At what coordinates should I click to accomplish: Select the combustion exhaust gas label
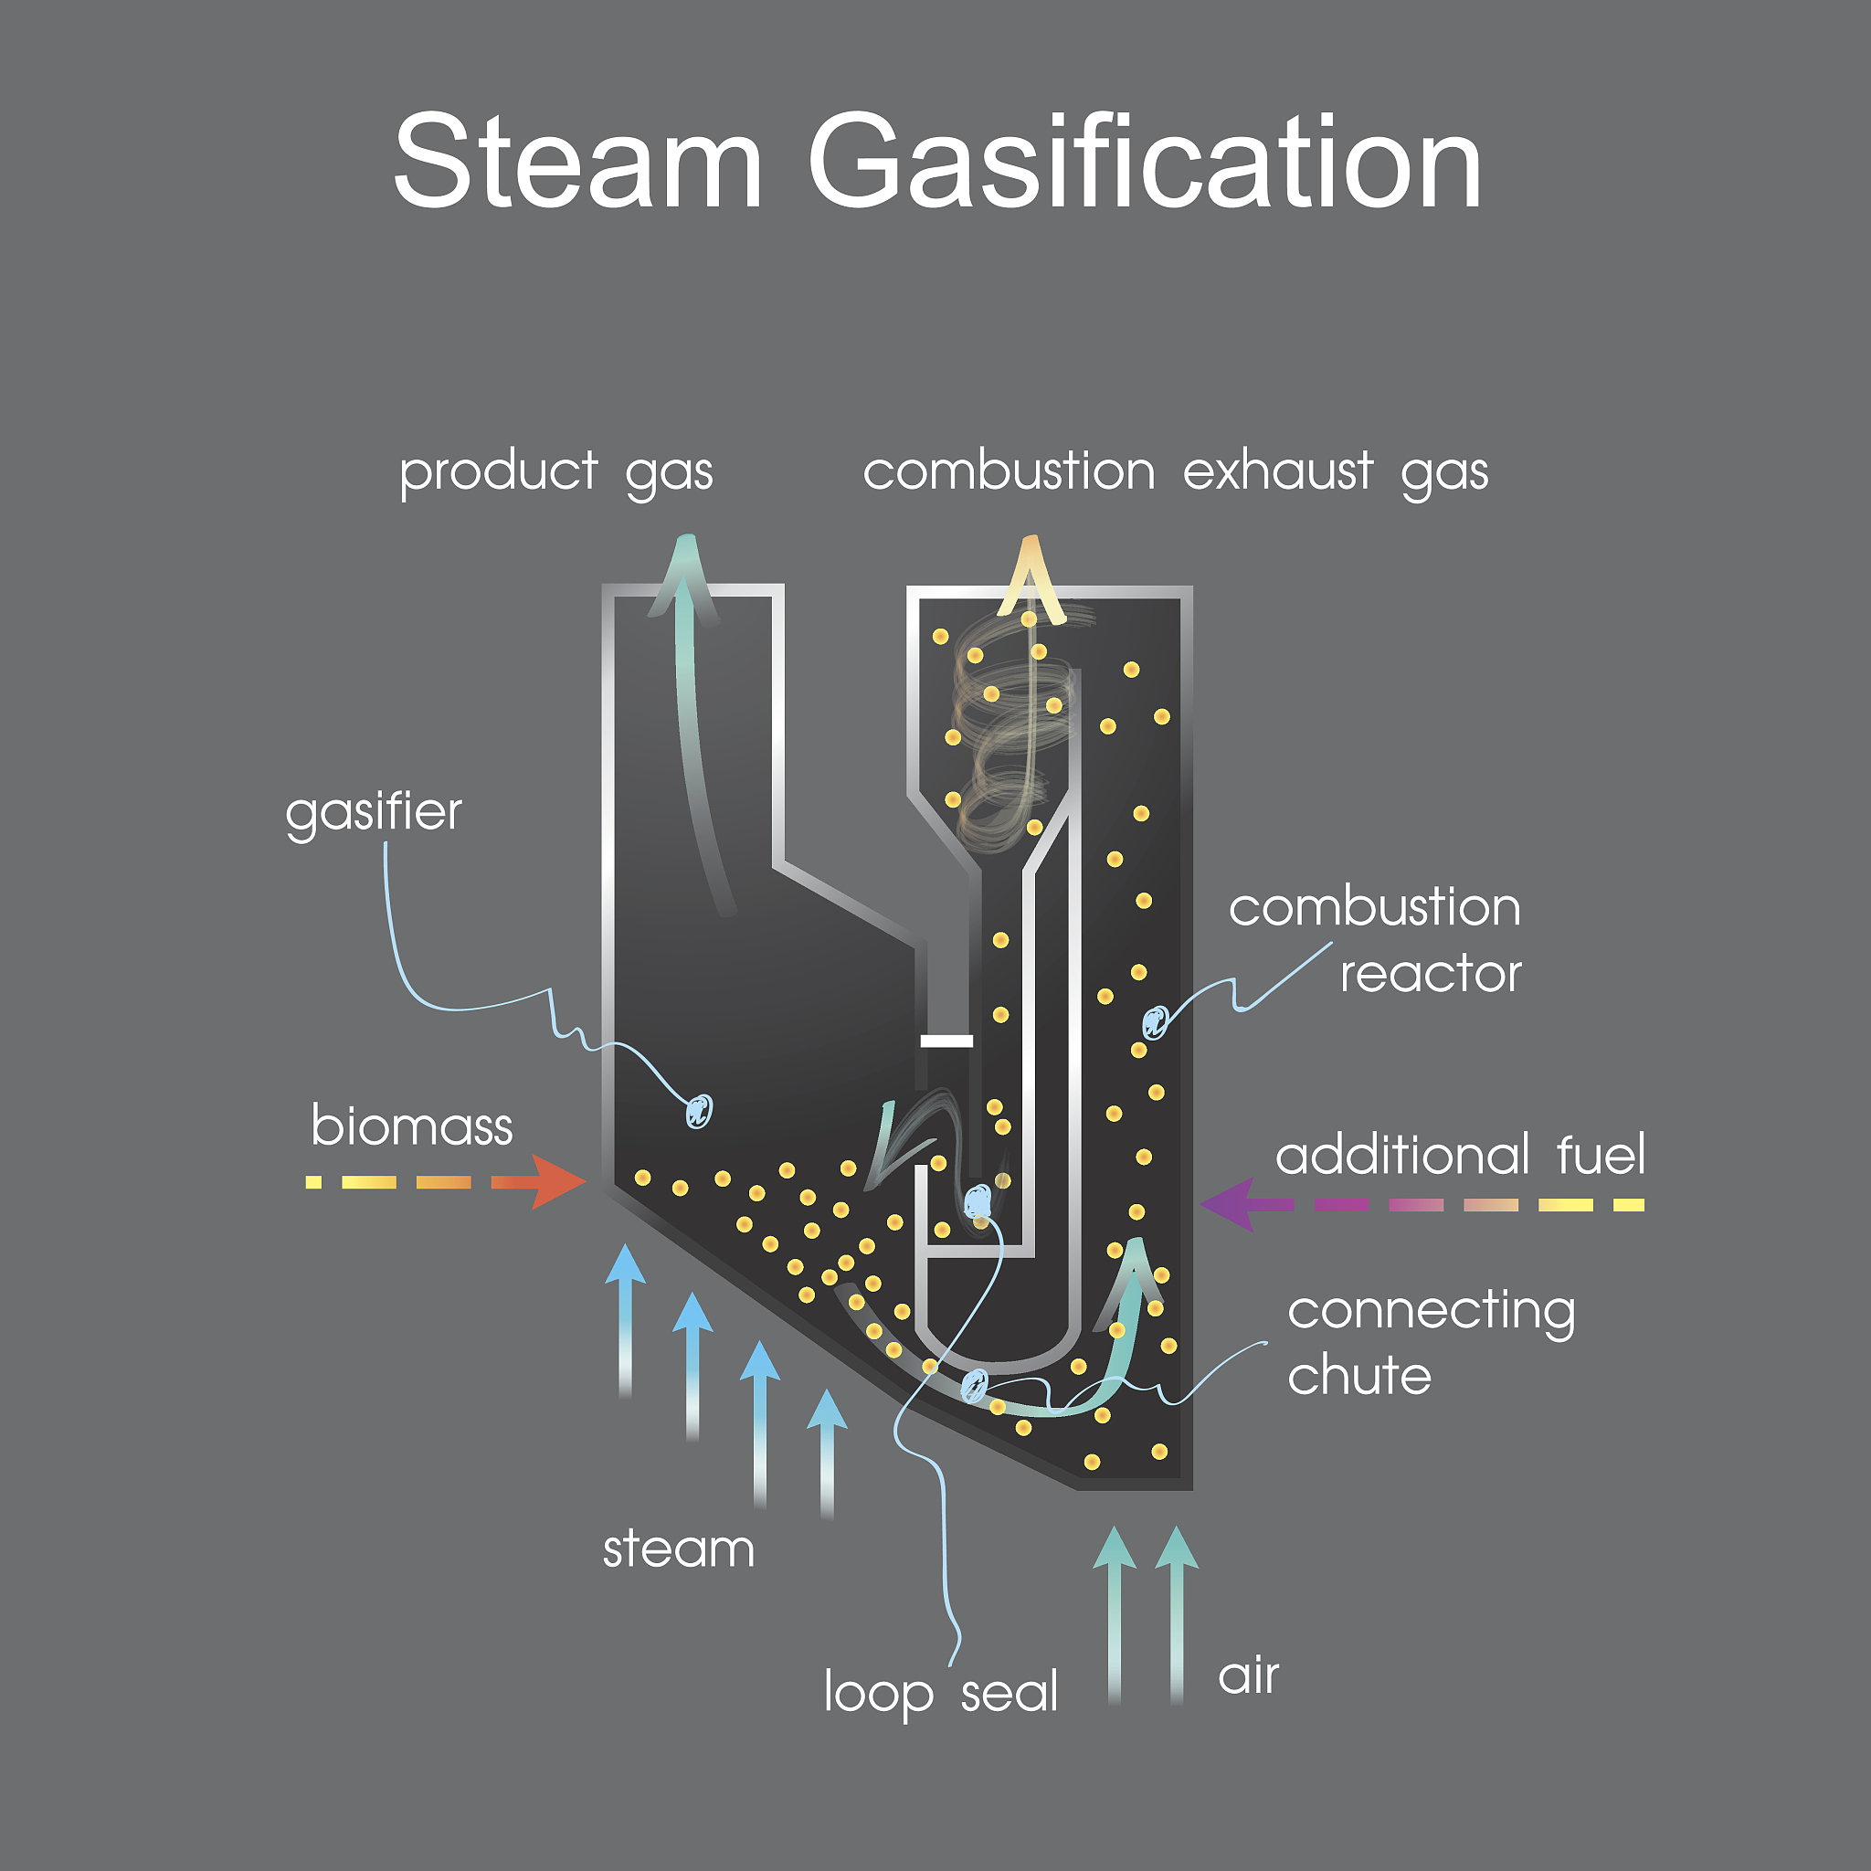coord(1175,473)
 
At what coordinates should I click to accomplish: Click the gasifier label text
coord(373,811)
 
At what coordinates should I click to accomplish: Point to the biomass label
coord(412,1126)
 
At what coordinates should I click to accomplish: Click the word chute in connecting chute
coord(1358,1375)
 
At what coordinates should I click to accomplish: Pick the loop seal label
coord(940,1692)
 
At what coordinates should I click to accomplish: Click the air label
coord(1248,1675)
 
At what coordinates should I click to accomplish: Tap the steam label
coord(678,1549)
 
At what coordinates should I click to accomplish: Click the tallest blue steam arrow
coord(626,1317)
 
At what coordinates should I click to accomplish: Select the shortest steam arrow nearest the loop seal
coord(827,1453)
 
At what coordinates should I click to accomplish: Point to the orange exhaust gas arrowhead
coord(1031,571)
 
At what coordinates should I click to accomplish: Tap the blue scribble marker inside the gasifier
coord(698,1111)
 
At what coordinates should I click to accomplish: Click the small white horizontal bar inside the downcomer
coord(946,1041)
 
